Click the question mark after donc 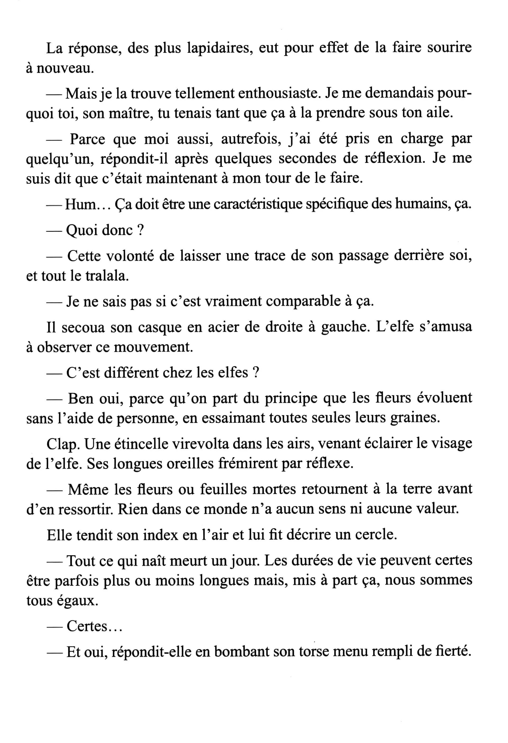tap(140, 230)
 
